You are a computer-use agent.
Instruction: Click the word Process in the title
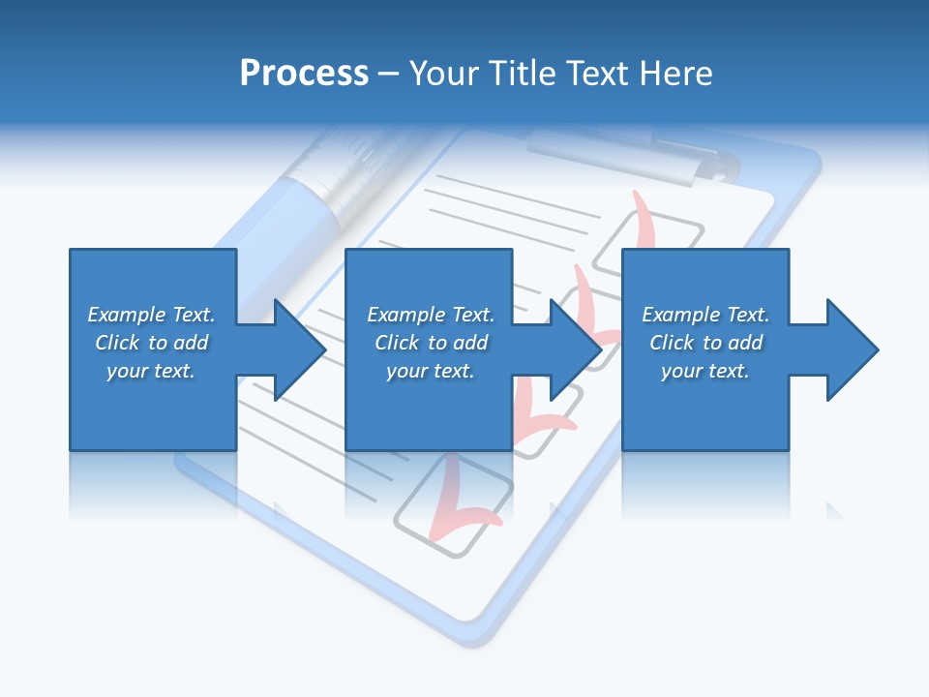click(x=304, y=74)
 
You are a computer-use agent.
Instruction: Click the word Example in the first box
click(x=127, y=315)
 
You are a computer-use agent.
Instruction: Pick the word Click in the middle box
click(x=397, y=343)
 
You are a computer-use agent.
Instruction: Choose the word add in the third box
click(x=745, y=343)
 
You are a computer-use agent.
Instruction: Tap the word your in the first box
click(x=126, y=371)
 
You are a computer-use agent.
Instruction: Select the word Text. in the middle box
click(x=471, y=315)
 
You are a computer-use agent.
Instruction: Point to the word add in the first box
click(x=191, y=343)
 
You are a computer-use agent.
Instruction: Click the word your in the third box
click(x=681, y=371)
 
